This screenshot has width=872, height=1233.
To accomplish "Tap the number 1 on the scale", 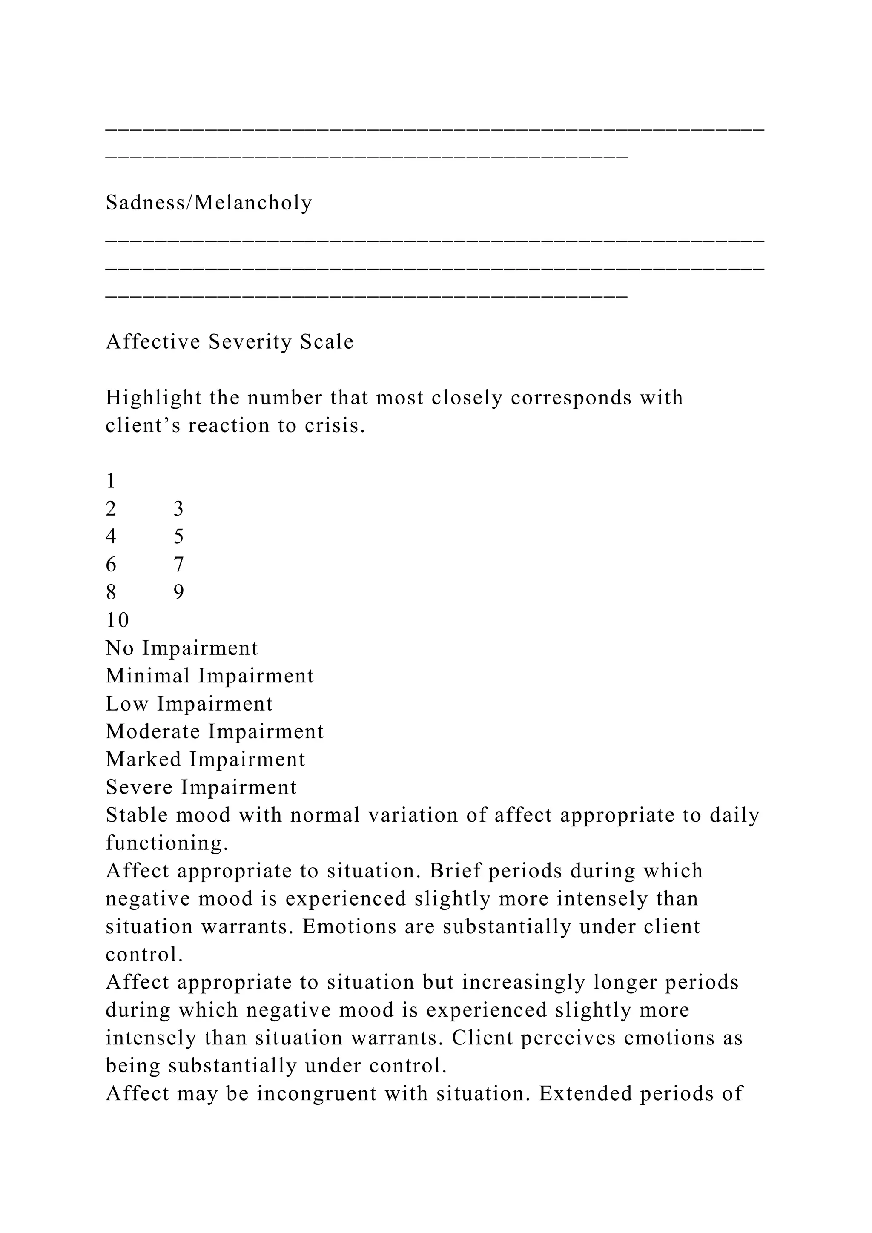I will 111,481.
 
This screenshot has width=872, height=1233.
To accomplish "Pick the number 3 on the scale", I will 178,508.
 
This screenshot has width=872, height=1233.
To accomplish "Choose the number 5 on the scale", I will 178,536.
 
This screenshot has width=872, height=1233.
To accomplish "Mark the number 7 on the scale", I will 178,565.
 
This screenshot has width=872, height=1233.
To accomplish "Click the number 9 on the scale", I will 178,592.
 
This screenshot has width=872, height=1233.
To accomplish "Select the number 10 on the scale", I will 117,620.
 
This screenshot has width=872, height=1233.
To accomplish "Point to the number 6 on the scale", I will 111,565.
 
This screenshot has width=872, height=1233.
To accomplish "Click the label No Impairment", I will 181,648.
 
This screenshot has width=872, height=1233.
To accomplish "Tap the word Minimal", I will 148,676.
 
